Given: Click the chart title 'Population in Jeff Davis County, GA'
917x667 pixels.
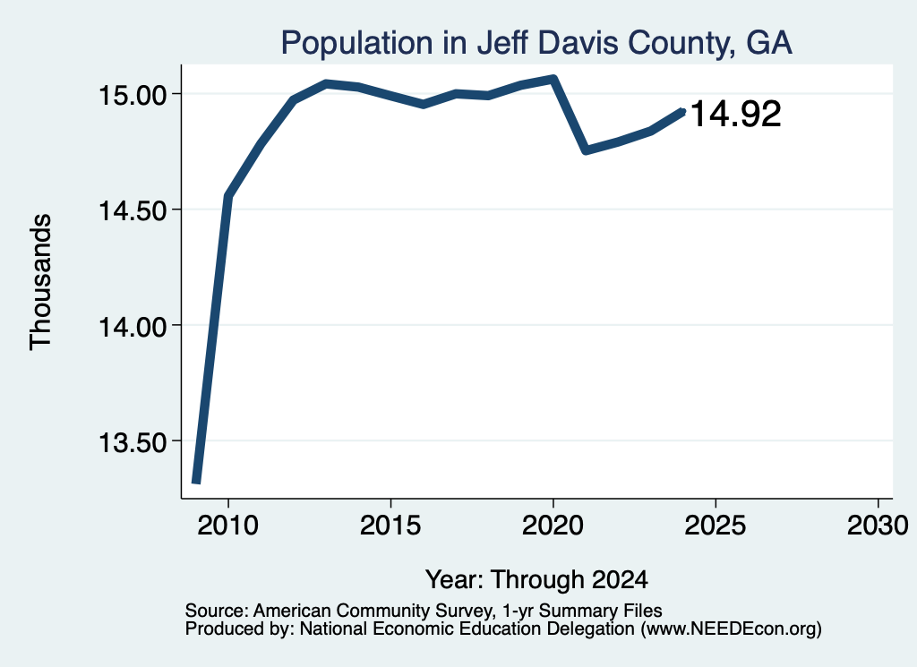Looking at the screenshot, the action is point(536,44).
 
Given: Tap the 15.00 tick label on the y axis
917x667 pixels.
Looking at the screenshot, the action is point(133,95).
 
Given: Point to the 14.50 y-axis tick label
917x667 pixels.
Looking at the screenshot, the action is point(133,210).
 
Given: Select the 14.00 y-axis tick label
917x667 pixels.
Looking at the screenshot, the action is point(133,326).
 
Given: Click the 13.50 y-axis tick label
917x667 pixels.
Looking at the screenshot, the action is point(133,442).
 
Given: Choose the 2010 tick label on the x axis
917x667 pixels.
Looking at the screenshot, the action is point(227,526).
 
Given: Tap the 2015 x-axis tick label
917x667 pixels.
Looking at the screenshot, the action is point(390,526).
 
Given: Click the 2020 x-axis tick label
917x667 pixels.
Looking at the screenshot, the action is point(553,526).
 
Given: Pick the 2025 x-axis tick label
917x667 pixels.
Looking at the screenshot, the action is point(716,526).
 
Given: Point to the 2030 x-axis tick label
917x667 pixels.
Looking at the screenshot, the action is point(878,526).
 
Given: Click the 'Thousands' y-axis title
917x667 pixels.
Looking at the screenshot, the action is point(41,282).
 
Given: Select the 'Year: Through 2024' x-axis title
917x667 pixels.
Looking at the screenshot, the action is point(536,580).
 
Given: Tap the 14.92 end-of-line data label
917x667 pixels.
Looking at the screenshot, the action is point(736,114).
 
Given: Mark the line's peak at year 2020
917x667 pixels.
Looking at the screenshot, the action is point(553,78).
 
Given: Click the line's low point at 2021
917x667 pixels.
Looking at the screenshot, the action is point(586,150).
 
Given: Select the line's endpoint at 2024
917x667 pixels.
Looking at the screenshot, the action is point(682,111).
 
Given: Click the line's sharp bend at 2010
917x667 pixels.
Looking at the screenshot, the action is point(228,196).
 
